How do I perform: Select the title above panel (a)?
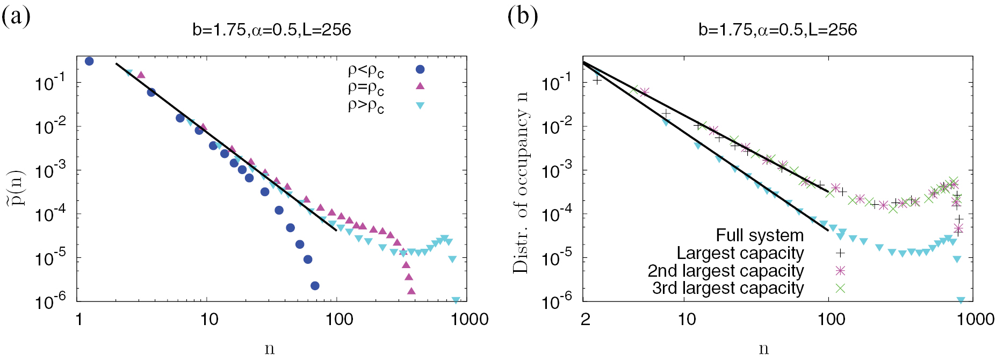pos(271,30)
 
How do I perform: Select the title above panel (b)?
pos(777,30)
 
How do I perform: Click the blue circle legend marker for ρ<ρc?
pos(420,69)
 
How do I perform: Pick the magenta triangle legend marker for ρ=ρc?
pos(420,86)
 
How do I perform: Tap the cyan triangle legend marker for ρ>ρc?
pos(420,105)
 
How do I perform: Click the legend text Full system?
pos(760,235)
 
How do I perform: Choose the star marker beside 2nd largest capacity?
pos(840,270)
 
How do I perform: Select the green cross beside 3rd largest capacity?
pos(840,288)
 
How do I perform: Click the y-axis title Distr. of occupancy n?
pos(521,183)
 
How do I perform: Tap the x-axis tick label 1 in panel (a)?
pos(79,319)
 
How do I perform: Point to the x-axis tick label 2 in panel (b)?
pos(586,319)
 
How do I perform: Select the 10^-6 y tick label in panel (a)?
pos(50,302)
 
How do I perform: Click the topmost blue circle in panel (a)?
pos(89,61)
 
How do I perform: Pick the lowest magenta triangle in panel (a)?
pos(412,291)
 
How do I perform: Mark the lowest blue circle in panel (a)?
pos(315,286)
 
